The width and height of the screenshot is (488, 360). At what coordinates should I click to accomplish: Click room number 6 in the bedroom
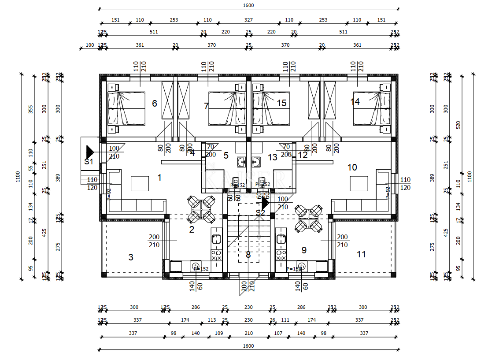click(x=154, y=104)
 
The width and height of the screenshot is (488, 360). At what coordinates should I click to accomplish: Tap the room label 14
click(x=355, y=102)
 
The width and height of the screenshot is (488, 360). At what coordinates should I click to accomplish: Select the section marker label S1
click(x=89, y=162)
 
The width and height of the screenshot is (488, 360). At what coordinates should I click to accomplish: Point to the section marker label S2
click(x=261, y=212)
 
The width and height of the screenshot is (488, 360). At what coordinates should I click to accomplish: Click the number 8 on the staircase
click(x=248, y=255)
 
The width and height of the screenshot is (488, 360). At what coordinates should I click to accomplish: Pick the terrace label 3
click(x=131, y=257)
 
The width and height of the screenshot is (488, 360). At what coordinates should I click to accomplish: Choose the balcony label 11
click(x=361, y=254)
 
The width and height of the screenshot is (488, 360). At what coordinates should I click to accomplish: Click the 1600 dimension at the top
click(x=248, y=5)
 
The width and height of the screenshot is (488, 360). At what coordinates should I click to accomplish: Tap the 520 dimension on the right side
click(x=458, y=125)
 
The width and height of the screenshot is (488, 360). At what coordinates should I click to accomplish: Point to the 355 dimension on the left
click(x=31, y=109)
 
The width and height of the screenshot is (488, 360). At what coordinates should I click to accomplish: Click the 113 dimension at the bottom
click(x=212, y=320)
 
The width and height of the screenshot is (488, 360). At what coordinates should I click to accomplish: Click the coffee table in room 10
click(x=359, y=183)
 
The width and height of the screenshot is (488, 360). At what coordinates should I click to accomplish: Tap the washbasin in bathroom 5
click(x=240, y=162)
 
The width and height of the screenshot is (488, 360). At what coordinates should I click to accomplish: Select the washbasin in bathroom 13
click(x=256, y=162)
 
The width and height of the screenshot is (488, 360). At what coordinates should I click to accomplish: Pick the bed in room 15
click(x=271, y=108)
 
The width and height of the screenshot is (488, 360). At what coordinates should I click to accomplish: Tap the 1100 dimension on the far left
click(x=18, y=176)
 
